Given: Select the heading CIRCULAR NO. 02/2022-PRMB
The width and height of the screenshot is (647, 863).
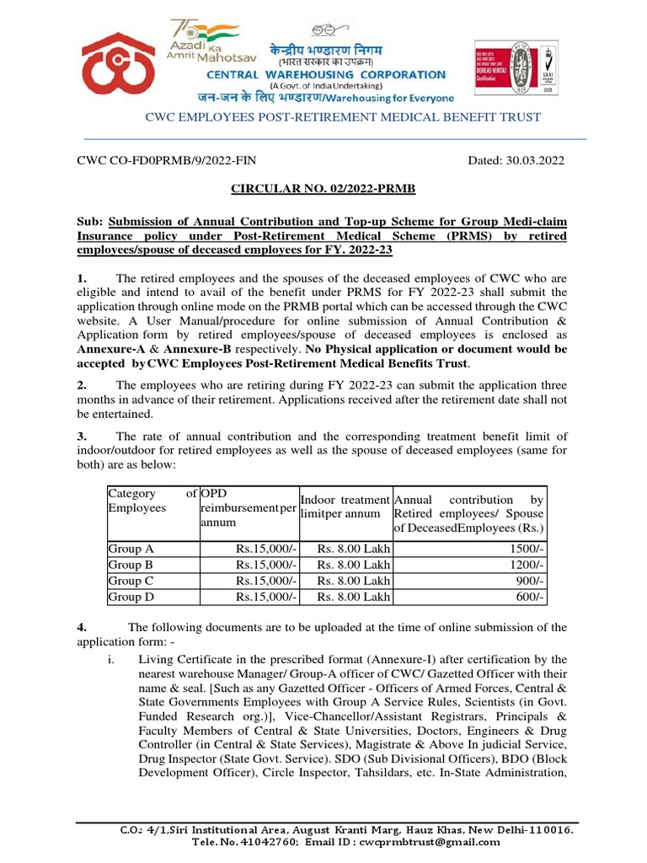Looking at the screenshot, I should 323,191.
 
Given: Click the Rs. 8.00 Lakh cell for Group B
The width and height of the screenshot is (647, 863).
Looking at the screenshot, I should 353,565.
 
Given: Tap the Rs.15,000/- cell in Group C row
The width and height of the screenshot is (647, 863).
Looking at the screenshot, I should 266,581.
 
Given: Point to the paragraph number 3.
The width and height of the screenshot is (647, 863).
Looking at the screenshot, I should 83,436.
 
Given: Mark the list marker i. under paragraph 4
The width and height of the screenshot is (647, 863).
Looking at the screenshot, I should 110,658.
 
